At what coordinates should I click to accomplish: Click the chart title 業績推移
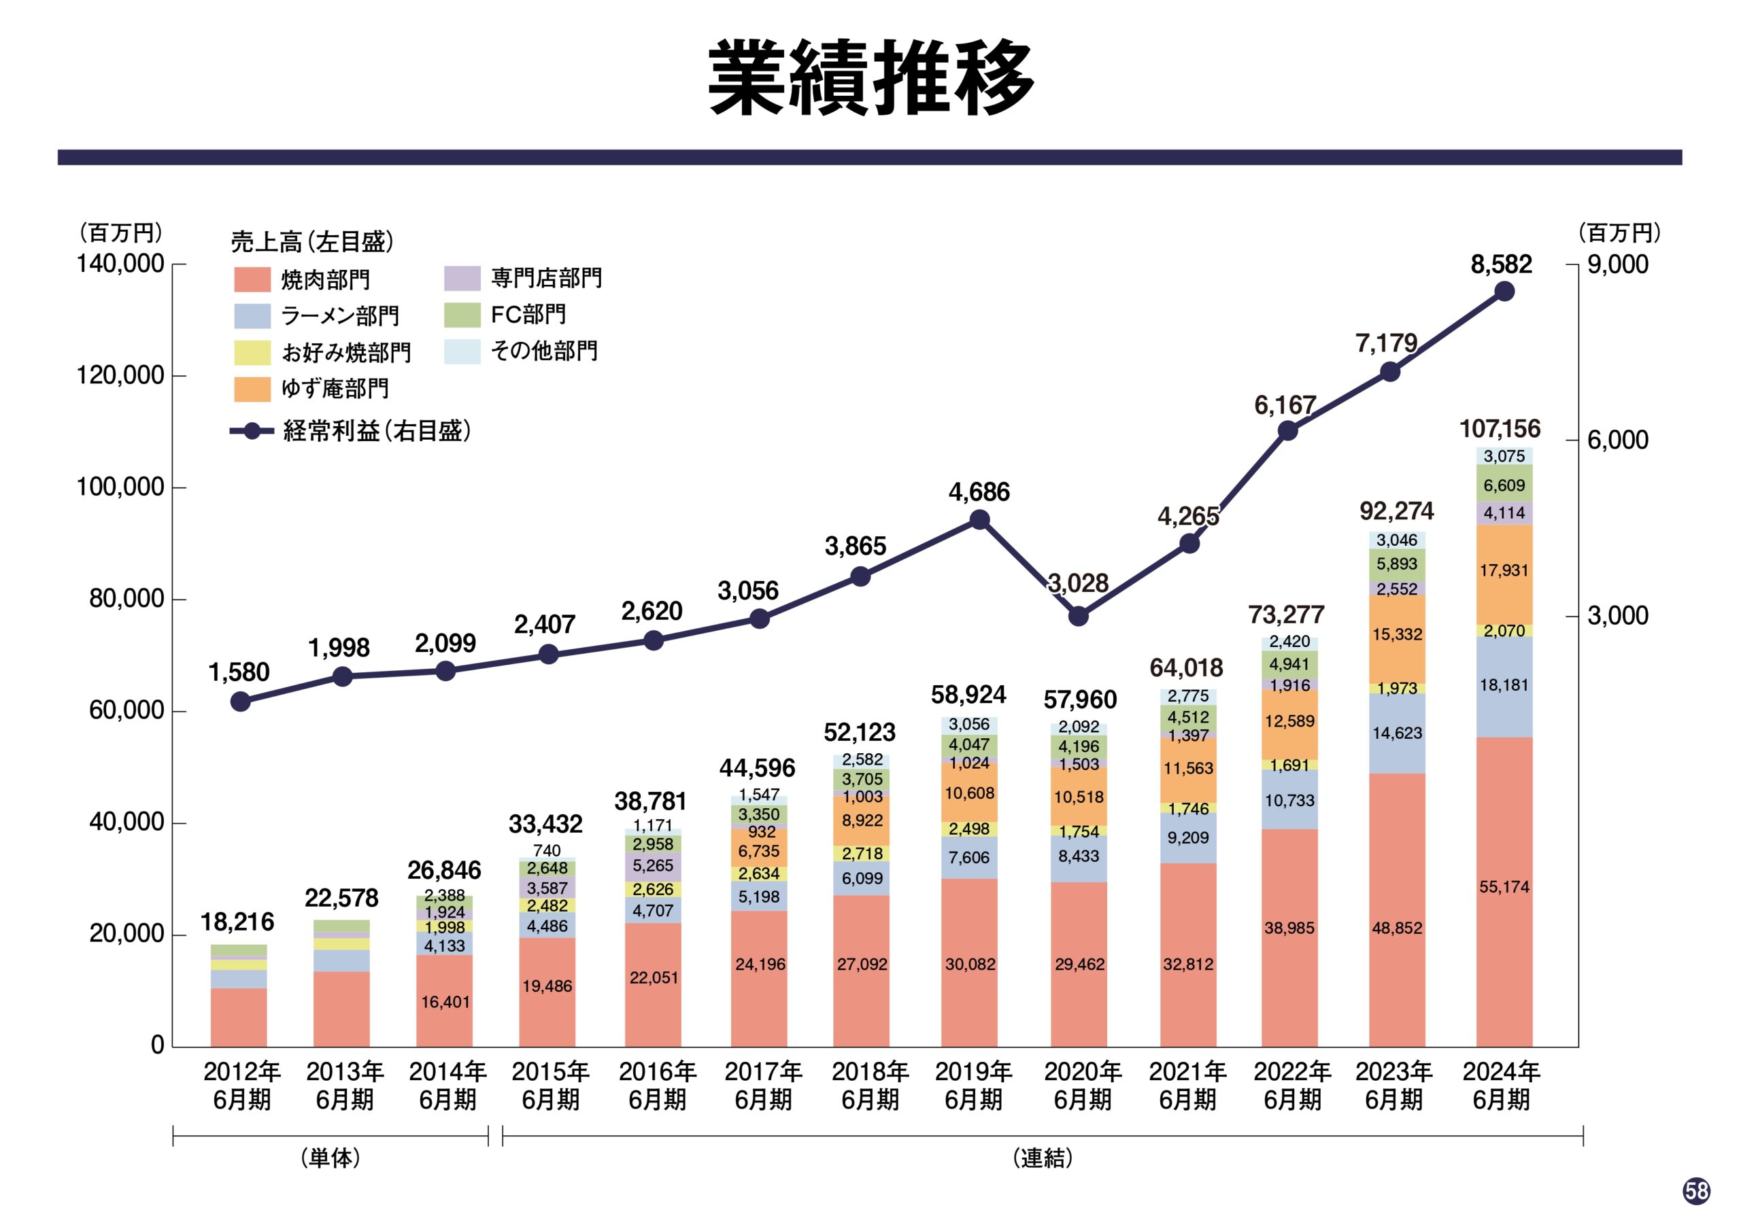tap(870, 78)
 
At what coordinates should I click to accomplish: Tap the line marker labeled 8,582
tap(1504, 292)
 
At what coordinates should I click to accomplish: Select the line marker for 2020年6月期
tap(1079, 617)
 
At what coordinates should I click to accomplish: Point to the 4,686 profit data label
tap(979, 492)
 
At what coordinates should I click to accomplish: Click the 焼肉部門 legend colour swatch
tap(252, 279)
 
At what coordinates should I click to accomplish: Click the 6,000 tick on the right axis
tap(1618, 440)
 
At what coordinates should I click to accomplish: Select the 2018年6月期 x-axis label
tap(870, 1086)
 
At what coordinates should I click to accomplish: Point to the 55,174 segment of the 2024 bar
tap(1504, 887)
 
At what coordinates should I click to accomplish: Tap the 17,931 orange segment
tap(1504, 571)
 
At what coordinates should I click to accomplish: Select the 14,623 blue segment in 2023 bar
tap(1397, 733)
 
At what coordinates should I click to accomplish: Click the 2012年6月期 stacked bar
tap(239, 996)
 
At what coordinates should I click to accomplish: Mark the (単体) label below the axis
tap(331, 1158)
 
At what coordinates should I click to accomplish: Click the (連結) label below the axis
tap(1043, 1158)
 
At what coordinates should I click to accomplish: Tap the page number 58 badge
tap(1697, 1191)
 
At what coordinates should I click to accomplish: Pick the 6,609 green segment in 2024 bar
tap(1504, 485)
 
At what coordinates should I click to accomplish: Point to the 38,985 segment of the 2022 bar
tap(1289, 928)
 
